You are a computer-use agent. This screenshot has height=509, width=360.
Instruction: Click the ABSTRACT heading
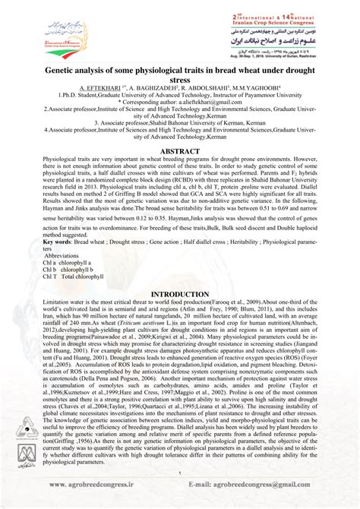[x=179, y=151]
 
